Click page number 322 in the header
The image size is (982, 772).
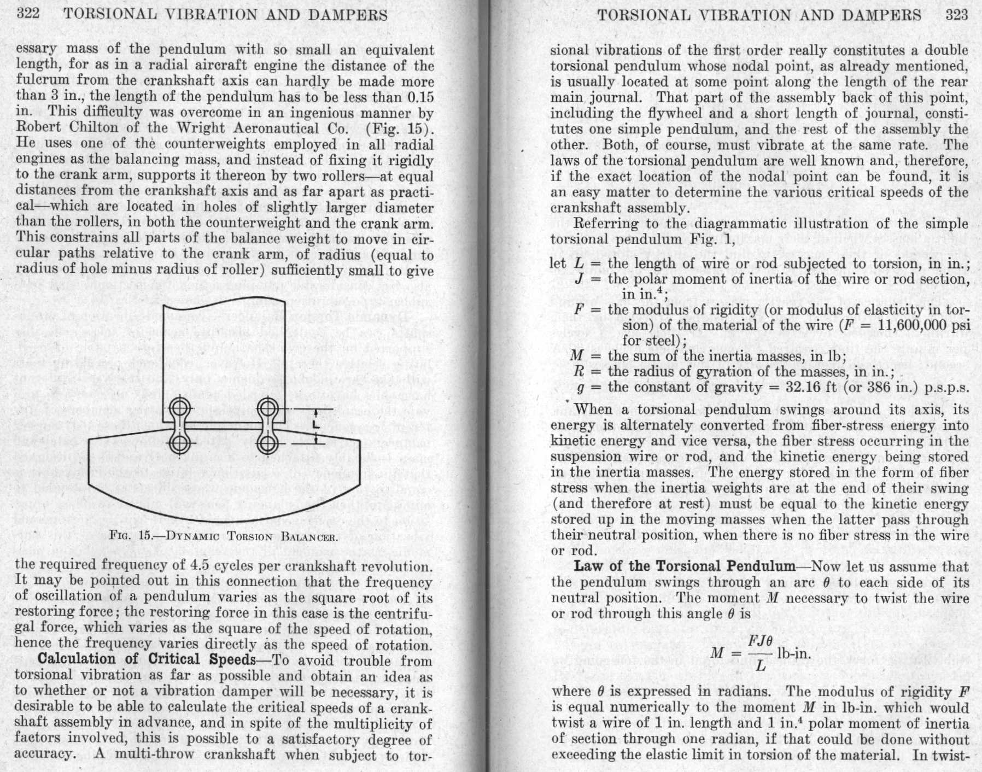(x=28, y=14)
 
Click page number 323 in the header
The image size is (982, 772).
(x=957, y=15)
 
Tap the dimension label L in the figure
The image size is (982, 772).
(x=316, y=425)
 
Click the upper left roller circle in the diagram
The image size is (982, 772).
(x=180, y=408)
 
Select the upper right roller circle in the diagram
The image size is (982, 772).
(x=268, y=408)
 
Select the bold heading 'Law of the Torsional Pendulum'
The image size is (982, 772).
(x=684, y=566)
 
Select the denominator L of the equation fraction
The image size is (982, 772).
(x=760, y=666)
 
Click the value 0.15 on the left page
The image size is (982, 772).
(x=420, y=97)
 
